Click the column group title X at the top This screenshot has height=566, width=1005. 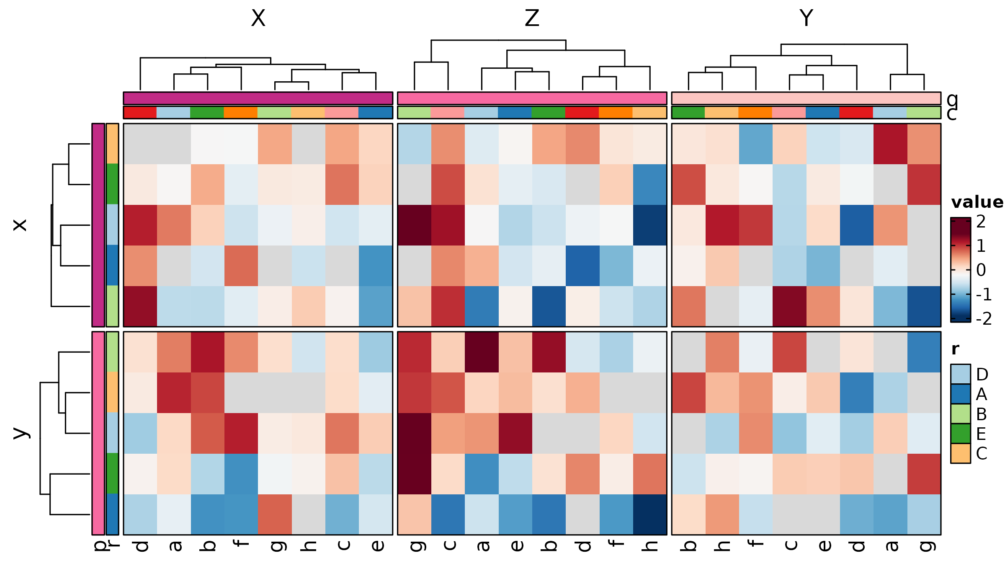tap(258, 18)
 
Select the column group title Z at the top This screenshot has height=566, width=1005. tap(532, 18)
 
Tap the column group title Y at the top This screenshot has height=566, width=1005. tap(806, 18)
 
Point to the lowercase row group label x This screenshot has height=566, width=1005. tap(20, 225)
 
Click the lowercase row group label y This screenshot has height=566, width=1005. tap(20, 433)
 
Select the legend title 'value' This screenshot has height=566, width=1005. tap(977, 202)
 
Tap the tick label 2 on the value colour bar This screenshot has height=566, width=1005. tap(981, 222)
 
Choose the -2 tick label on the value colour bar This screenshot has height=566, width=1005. tap(983, 319)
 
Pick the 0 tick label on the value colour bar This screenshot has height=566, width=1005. tap(981, 270)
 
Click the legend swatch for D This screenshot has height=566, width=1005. tap(961, 374)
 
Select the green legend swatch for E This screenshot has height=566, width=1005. tap(961, 434)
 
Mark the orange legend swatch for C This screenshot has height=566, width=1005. tap(961, 453)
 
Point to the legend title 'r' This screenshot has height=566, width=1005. tap(955, 349)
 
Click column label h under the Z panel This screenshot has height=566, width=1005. tap(650, 545)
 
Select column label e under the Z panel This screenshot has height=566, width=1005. tap(515, 545)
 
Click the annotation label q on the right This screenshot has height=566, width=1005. tap(952, 99)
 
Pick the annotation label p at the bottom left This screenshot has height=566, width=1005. tap(99, 545)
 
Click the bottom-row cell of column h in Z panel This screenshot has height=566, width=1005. tap(650, 514)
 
